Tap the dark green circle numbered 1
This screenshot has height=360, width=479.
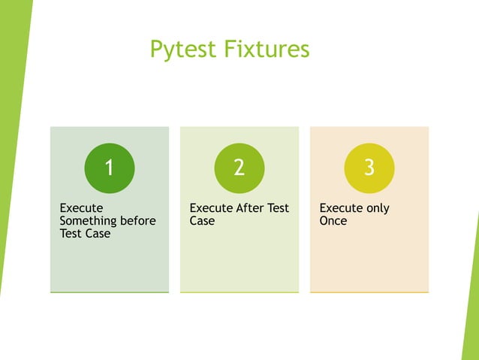click(110, 168)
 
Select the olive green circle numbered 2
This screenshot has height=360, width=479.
click(239, 168)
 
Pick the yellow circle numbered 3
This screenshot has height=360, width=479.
click(369, 168)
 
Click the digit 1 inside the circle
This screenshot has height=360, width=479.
click(110, 168)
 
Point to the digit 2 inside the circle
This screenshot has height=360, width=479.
click(239, 168)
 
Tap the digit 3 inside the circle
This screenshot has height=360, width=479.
click(369, 168)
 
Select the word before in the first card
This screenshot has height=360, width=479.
click(140, 221)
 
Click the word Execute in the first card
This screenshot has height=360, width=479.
click(81, 208)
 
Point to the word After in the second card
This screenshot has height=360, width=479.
click(252, 208)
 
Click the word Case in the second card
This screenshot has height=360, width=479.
click(202, 221)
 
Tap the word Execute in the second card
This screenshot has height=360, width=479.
click(211, 208)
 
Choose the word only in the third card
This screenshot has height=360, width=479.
click(376, 208)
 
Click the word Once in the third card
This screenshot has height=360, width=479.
click(333, 221)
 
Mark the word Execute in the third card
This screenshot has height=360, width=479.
click(341, 208)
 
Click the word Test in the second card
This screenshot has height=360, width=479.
click(278, 208)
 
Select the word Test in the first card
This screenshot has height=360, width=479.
click(71, 234)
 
